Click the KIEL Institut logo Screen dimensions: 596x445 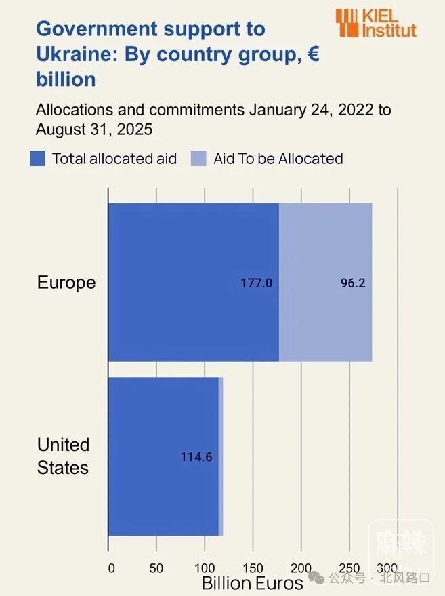coord(376,22)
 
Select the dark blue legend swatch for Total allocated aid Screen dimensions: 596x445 coord(37,159)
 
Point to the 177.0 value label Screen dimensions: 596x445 coord(257,283)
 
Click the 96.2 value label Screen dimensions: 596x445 coord(353,283)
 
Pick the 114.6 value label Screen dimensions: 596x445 coord(196,457)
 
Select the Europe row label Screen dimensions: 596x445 coord(66,282)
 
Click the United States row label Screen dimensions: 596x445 coord(63,456)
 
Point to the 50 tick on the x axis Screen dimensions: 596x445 coord(156,567)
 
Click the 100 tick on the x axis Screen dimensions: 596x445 coord(205,567)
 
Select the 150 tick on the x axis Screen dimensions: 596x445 coord(253,567)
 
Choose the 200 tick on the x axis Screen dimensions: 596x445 coord(301,567)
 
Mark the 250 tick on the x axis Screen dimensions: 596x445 coord(349,567)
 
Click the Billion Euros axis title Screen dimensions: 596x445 coord(252,584)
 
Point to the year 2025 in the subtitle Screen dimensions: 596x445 coord(135,128)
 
